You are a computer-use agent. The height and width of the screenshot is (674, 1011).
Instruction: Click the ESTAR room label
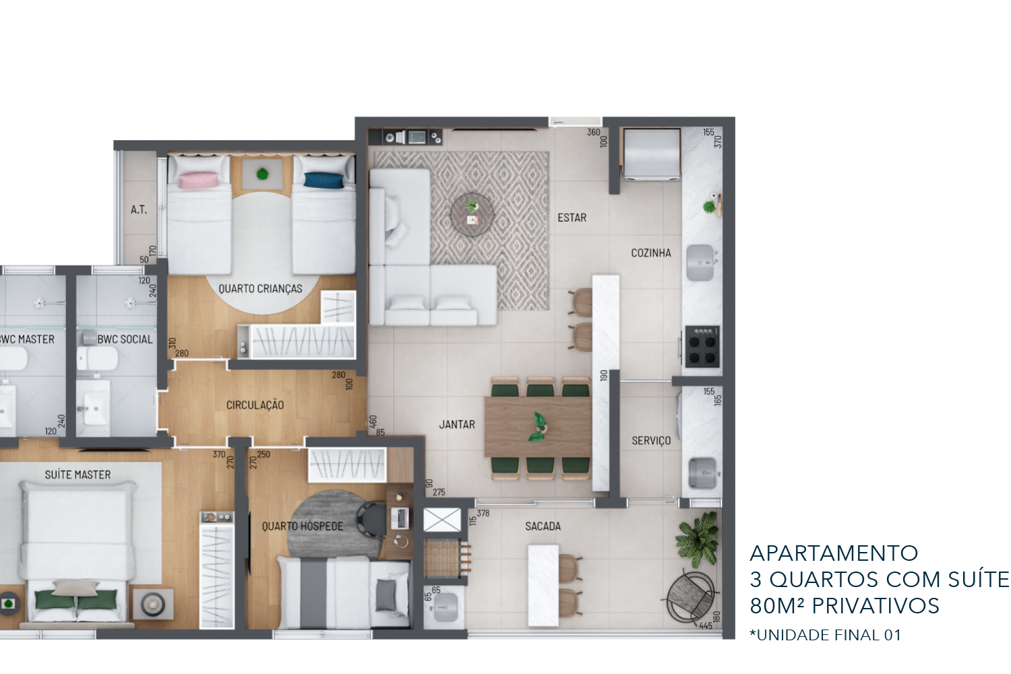point(572,218)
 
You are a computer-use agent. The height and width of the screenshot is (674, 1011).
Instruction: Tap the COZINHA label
point(651,253)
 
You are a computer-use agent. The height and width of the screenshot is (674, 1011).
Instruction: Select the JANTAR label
point(457,425)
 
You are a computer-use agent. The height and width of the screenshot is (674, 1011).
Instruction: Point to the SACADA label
point(543,526)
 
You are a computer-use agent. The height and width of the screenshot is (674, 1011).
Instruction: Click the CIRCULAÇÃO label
point(255,405)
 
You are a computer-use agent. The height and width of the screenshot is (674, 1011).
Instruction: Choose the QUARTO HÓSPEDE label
point(303,526)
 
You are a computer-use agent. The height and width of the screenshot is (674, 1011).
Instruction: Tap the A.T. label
point(139,210)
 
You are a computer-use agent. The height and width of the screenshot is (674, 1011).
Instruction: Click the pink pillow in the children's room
point(199,180)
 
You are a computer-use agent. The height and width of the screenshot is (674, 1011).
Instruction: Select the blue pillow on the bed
point(323,180)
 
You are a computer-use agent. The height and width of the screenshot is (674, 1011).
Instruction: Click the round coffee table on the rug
point(472,215)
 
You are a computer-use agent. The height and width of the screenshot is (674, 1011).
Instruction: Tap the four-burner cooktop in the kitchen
point(702,346)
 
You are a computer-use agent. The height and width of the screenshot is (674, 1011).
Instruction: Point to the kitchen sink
point(700,263)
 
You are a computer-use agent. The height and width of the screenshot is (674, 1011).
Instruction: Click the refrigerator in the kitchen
point(651,154)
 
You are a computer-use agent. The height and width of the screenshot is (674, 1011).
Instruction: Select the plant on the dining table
point(538,427)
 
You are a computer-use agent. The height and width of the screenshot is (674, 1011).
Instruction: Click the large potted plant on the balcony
point(698,539)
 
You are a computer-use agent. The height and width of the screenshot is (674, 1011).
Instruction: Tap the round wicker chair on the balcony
point(689,596)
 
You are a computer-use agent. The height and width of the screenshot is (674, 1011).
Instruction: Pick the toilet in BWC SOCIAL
point(97,359)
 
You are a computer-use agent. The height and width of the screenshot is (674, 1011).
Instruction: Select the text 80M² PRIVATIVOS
point(845,606)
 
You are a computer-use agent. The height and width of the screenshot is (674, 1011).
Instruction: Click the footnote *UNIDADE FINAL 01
point(825,635)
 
